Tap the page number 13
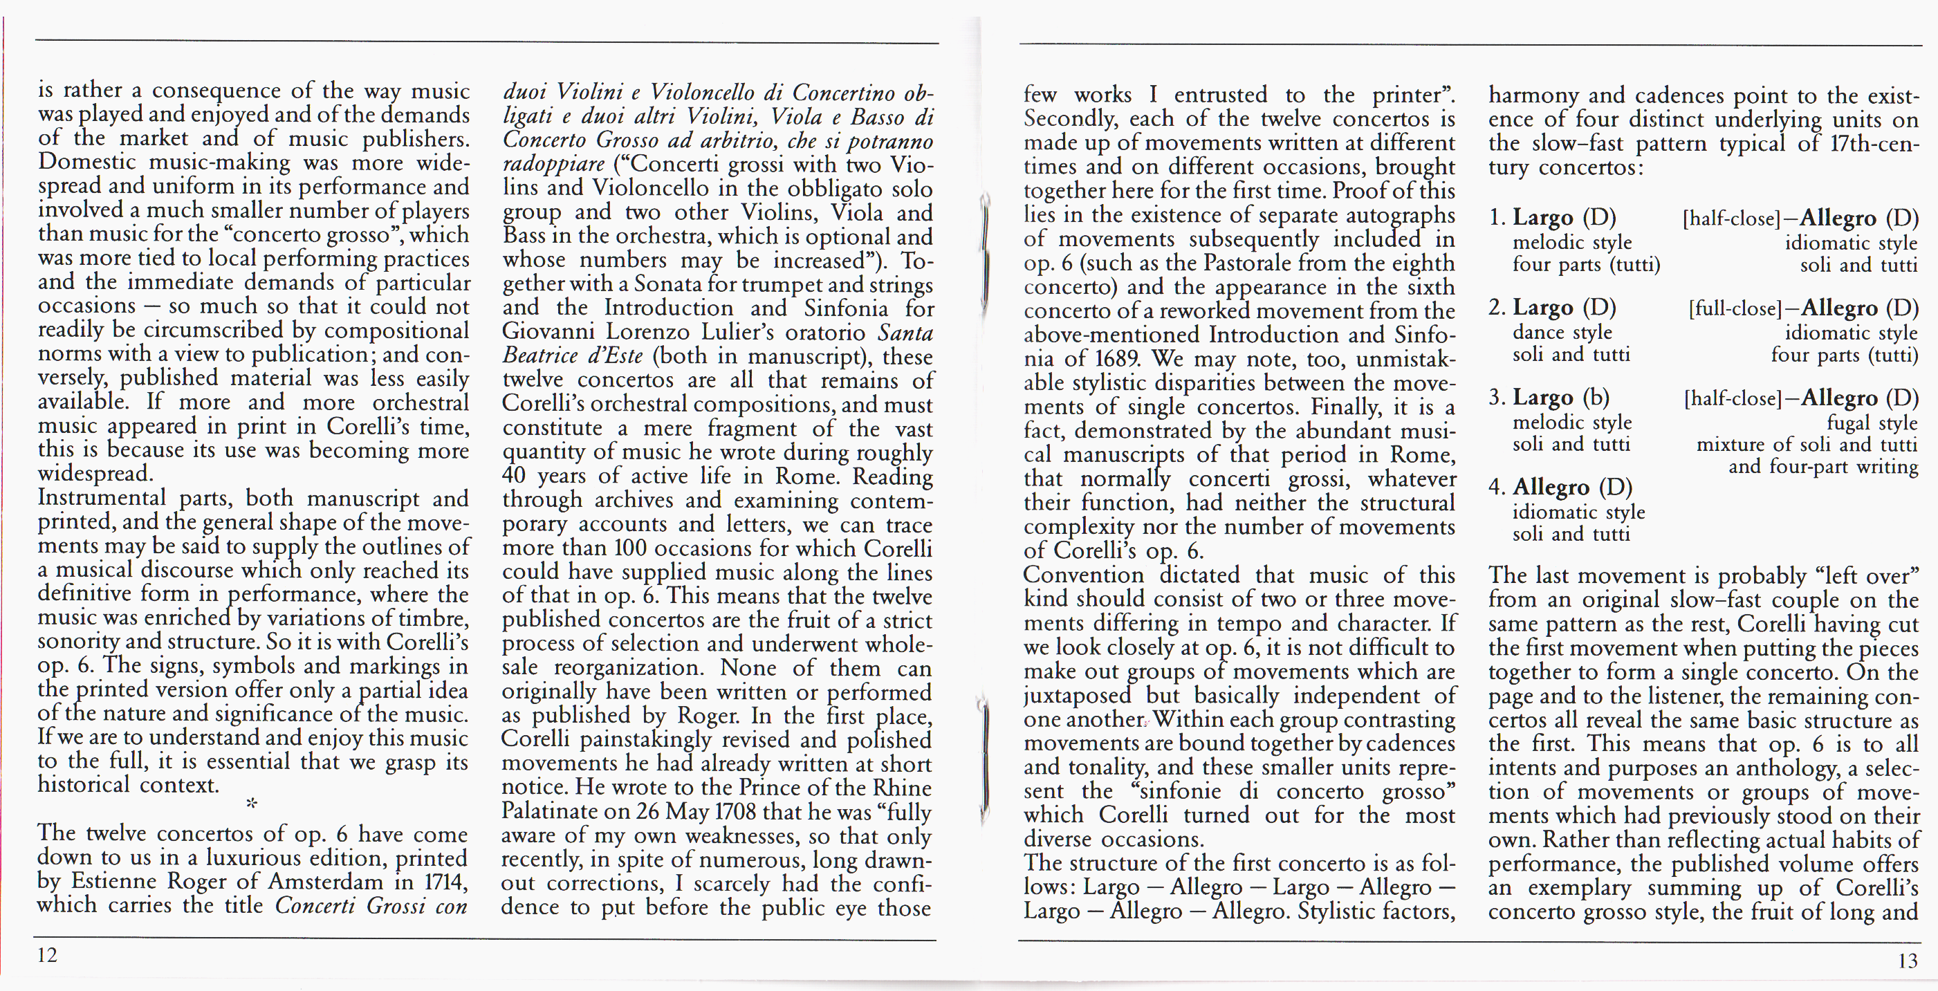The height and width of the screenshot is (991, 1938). coord(1907,961)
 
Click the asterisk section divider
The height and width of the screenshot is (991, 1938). coord(251,803)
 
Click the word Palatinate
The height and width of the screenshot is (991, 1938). coord(556,811)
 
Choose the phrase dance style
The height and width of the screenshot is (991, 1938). coord(1562,332)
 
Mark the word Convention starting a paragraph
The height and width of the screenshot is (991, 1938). coord(1083,575)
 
